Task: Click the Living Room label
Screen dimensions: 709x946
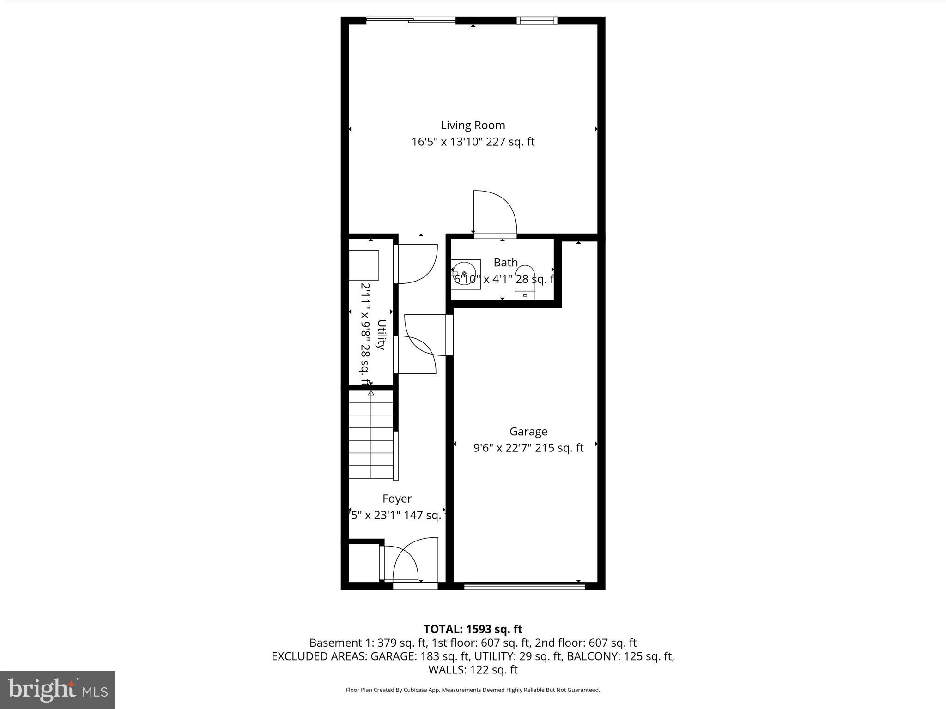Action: point(473,125)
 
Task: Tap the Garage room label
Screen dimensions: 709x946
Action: point(528,431)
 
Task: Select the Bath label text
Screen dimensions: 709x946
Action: point(505,263)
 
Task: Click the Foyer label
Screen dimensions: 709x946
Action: point(397,499)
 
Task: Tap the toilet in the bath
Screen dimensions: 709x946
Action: point(525,282)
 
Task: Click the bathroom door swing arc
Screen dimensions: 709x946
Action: point(497,212)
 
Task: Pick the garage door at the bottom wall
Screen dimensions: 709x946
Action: point(524,586)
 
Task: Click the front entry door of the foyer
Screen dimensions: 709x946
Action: point(415,586)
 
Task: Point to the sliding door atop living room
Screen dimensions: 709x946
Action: point(411,20)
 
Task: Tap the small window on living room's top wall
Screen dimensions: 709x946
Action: point(536,20)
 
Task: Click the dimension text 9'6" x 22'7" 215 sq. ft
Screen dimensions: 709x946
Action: point(528,448)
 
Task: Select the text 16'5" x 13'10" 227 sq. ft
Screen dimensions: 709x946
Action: point(473,142)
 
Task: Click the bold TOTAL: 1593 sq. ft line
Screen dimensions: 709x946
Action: point(473,629)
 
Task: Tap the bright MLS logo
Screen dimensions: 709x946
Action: point(58,690)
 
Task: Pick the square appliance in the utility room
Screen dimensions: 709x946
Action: point(364,265)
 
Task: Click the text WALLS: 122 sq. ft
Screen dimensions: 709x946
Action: point(473,669)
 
